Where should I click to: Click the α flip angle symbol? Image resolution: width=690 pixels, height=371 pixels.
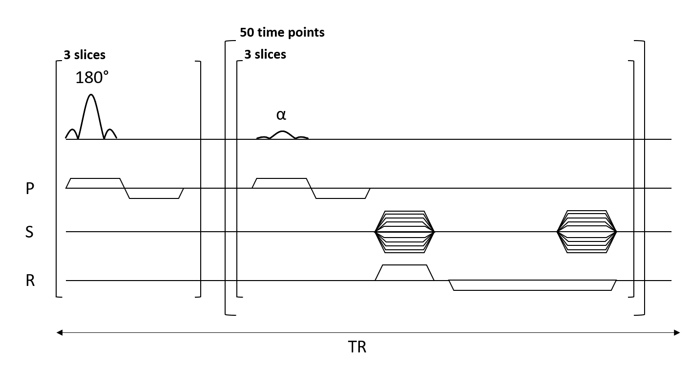(x=281, y=115)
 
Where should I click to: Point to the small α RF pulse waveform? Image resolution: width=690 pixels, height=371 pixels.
(x=282, y=135)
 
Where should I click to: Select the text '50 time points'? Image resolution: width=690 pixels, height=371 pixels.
(x=282, y=33)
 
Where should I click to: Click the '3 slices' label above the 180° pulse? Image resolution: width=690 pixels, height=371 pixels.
(x=84, y=55)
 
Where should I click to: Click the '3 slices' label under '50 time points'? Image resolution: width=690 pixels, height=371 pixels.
(x=265, y=54)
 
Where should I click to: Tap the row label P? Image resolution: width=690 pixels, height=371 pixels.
(x=30, y=189)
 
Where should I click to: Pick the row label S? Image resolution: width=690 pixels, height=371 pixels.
(x=30, y=232)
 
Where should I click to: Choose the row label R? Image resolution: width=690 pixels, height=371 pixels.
(x=30, y=281)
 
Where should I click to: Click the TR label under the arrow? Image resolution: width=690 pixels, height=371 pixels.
(x=357, y=347)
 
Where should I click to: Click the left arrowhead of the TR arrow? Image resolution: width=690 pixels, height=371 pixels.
(x=59, y=333)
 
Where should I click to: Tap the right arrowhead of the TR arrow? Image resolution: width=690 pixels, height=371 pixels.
(x=677, y=333)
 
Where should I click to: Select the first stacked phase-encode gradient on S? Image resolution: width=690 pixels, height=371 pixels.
(x=404, y=232)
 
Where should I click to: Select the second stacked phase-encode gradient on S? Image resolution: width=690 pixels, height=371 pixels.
(x=587, y=232)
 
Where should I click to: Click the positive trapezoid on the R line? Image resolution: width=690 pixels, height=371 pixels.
(x=404, y=273)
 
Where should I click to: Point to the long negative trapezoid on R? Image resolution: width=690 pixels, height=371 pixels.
(x=532, y=285)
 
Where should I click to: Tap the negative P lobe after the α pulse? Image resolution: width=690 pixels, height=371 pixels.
(x=341, y=194)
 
